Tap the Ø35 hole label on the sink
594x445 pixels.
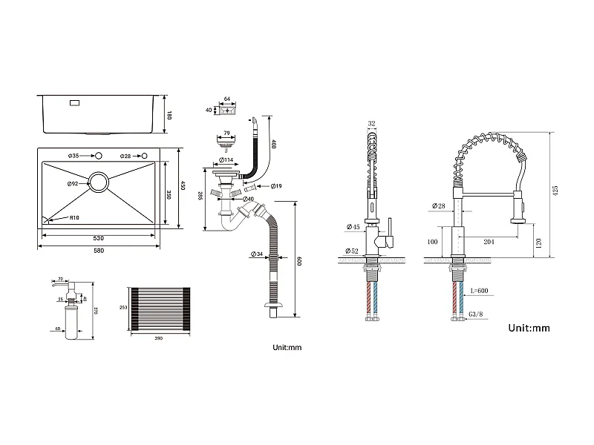(x=74, y=156)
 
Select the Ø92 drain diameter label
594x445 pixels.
(x=73, y=183)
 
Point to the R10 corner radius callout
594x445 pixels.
(x=75, y=218)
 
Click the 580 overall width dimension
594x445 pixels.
(x=99, y=250)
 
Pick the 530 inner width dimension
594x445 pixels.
(x=99, y=238)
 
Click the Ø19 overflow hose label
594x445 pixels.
(x=275, y=185)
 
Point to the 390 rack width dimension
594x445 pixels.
(x=158, y=338)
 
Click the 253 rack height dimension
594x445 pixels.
(x=124, y=307)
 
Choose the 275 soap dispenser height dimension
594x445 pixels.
(x=96, y=312)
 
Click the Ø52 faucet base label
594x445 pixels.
(x=352, y=251)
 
